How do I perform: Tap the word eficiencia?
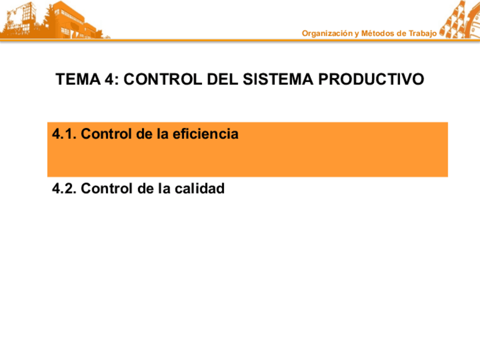[x=206, y=134]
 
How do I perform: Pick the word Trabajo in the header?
[x=422, y=33]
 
